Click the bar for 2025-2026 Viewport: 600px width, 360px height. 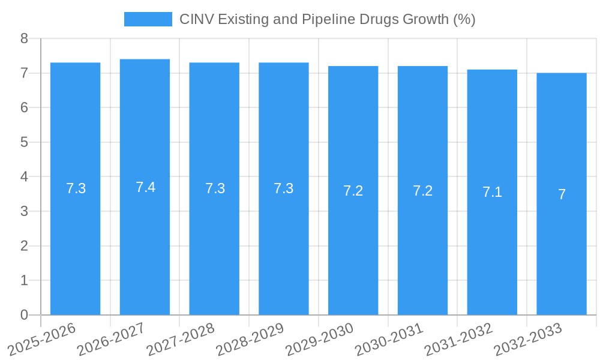click(75, 240)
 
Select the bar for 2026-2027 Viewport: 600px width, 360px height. click(145, 240)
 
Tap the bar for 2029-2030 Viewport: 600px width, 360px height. click(353, 240)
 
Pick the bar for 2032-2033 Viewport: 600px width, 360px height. click(562, 240)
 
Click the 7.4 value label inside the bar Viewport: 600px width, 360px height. click(145, 187)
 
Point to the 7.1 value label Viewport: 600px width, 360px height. click(492, 192)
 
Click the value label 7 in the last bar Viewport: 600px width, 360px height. click(562, 194)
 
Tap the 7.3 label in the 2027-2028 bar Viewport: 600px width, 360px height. click(215, 188)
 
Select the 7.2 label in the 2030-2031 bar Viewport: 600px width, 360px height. click(422, 191)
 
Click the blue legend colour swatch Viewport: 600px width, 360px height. click(148, 19)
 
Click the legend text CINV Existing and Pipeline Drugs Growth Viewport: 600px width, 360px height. click(327, 19)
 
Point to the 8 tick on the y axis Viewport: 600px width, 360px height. click(24, 38)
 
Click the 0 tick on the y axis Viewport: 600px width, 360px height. click(24, 315)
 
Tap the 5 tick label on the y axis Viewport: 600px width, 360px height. click(24, 142)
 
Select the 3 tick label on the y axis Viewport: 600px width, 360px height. click(24, 211)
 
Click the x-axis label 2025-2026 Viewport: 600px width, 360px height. click(42, 339)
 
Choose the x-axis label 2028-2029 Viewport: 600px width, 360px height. click(250, 339)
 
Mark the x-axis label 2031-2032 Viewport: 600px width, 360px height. click(458, 339)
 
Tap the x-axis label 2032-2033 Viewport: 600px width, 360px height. click(528, 339)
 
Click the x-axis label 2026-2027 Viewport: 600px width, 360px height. click(111, 339)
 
